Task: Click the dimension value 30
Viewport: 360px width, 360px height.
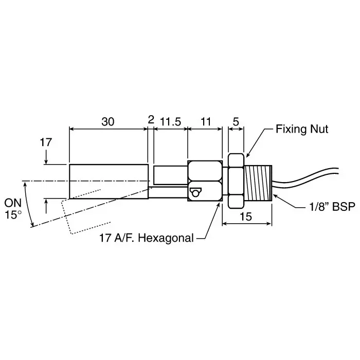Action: pos(107,122)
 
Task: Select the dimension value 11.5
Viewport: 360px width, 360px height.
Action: pos(170,122)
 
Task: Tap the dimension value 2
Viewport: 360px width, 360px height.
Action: pos(151,120)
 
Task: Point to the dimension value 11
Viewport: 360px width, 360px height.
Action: pos(206,122)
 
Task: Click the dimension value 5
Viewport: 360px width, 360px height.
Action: pos(236,122)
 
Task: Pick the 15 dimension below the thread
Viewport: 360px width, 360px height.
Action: pos(245,217)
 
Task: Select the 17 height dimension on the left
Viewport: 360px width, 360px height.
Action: pos(46,142)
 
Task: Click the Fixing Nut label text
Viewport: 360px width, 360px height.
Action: pos(302,129)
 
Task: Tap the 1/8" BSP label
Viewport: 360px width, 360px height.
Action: pos(332,206)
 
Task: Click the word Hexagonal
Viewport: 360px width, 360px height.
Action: pos(166,238)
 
